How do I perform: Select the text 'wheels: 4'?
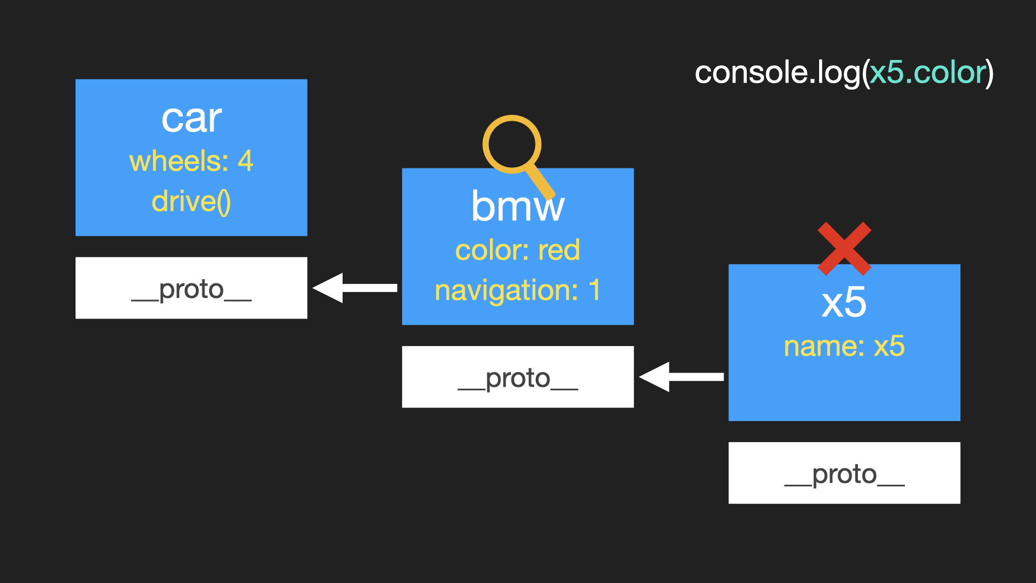click(192, 161)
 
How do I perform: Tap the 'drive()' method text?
click(192, 202)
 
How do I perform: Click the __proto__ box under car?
click(192, 288)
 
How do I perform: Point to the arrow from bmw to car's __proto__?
click(355, 288)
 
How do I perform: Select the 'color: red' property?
click(518, 250)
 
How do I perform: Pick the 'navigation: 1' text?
click(518, 290)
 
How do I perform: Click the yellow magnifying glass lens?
click(512, 145)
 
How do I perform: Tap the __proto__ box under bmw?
click(518, 377)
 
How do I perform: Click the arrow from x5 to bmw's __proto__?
click(681, 377)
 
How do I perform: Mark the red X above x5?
click(844, 249)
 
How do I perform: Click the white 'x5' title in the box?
click(844, 302)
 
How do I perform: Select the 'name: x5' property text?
click(844, 346)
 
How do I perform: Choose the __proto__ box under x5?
click(844, 473)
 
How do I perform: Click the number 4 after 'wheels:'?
click(246, 161)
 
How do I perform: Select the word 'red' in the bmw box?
click(559, 250)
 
